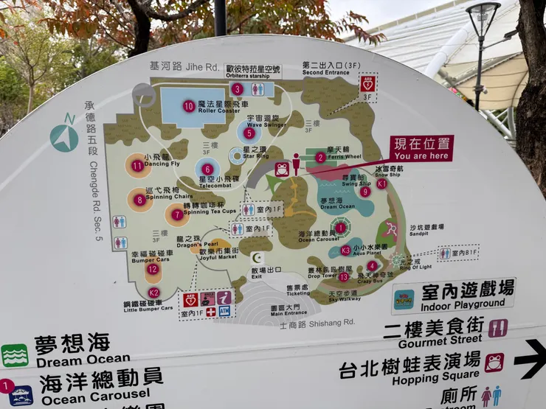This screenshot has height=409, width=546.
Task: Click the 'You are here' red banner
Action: click(x=421, y=147)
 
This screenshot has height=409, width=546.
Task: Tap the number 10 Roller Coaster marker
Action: click(x=188, y=106)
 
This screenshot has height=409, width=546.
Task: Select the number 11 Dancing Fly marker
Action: click(x=137, y=166)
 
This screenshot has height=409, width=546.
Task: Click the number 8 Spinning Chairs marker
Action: click(x=139, y=199)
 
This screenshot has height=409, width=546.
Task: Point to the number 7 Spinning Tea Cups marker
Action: click(x=176, y=214)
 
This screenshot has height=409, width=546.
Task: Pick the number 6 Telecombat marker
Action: click(x=207, y=169)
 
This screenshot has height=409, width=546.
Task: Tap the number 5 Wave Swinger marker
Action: click(x=249, y=133)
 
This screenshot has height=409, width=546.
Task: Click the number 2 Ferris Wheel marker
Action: click(x=320, y=157)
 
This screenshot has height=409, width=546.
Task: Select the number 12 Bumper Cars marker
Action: click(x=152, y=269)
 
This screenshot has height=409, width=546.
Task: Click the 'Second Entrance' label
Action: click(x=324, y=72)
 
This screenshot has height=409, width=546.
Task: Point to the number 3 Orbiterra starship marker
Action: click(x=237, y=88)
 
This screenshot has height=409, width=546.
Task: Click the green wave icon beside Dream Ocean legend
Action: click(x=15, y=355)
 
